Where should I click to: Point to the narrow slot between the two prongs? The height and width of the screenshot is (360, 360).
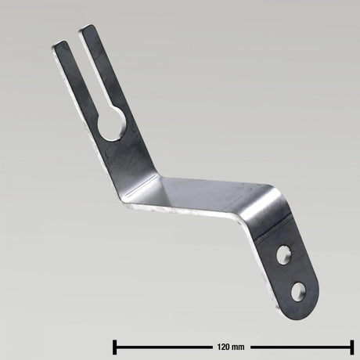pos(85,74)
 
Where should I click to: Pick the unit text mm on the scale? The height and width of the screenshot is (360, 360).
pos(238,346)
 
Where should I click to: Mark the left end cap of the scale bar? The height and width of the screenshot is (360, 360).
pos(115,346)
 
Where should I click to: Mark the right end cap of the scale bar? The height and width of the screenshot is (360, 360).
pos(351,346)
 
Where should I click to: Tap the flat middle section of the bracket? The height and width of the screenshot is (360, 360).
pos(203,192)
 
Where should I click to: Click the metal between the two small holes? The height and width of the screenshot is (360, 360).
pos(290,272)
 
